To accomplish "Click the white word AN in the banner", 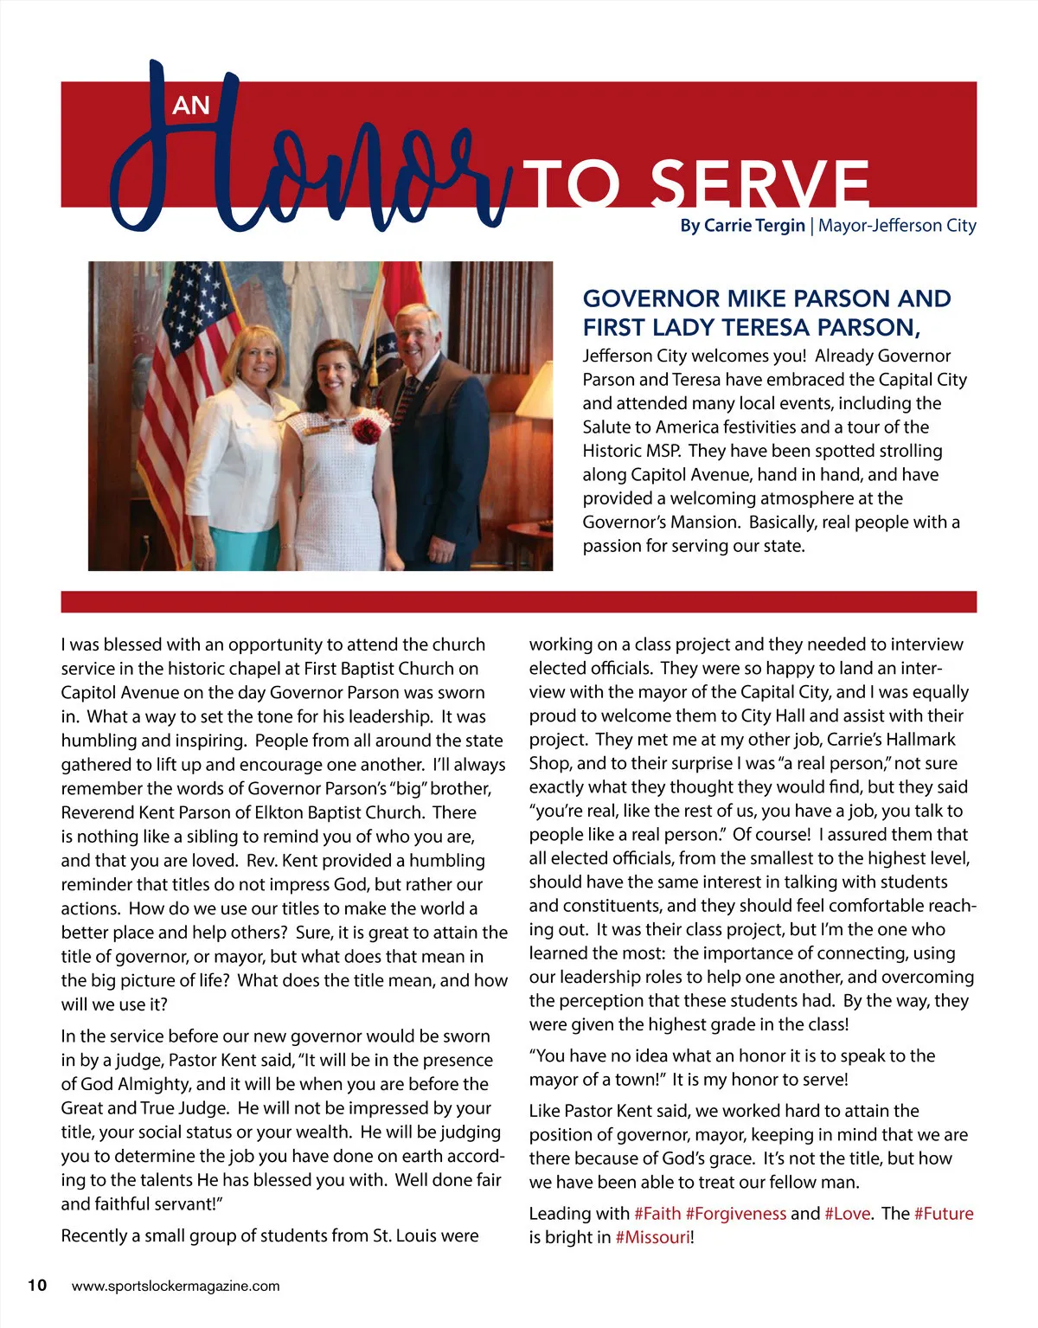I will pyautogui.click(x=191, y=106).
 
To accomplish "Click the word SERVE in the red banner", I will pyautogui.click(x=759, y=183).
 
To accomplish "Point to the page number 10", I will pyautogui.click(x=37, y=1285).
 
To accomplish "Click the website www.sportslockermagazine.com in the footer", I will pyautogui.click(x=176, y=1286).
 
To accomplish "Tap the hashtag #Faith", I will pyautogui.click(x=657, y=1214).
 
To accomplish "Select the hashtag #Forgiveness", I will pyautogui.click(x=736, y=1214).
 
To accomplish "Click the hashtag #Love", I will pyautogui.click(x=847, y=1214).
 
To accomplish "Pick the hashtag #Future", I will pyautogui.click(x=944, y=1214).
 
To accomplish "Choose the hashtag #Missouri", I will pyautogui.click(x=653, y=1237).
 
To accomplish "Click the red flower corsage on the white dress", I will pyautogui.click(x=367, y=429).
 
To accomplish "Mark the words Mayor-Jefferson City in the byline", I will pyautogui.click(x=897, y=226).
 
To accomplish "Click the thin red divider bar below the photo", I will pyautogui.click(x=519, y=601).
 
